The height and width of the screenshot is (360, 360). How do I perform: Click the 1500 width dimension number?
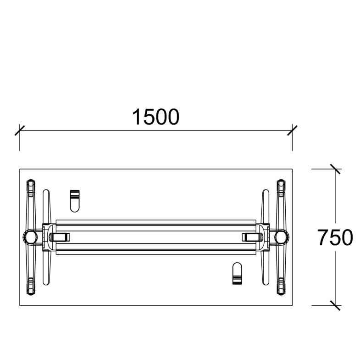click(155, 118)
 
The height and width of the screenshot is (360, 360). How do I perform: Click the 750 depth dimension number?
click(335, 238)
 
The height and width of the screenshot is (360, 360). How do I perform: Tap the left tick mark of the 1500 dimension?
click(19, 130)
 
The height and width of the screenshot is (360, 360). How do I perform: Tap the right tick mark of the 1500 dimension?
click(292, 130)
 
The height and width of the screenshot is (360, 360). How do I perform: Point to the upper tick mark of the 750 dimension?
click(335, 169)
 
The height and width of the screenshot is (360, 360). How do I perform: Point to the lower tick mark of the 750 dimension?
click(335, 305)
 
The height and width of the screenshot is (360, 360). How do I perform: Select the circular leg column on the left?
click(30, 237)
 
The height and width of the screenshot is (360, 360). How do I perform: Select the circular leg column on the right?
click(281, 237)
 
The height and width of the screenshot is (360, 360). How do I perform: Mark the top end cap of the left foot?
click(30, 186)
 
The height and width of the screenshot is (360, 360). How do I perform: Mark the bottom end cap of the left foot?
click(30, 287)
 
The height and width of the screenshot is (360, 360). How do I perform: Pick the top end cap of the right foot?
click(281, 186)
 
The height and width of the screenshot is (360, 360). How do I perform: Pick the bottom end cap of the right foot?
click(281, 287)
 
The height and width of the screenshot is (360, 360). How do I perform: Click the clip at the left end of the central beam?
click(59, 237)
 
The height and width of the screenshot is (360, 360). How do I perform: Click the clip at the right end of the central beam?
click(252, 237)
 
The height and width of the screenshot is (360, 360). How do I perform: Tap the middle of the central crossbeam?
click(155, 237)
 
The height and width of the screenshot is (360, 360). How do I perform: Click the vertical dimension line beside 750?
click(335, 202)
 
